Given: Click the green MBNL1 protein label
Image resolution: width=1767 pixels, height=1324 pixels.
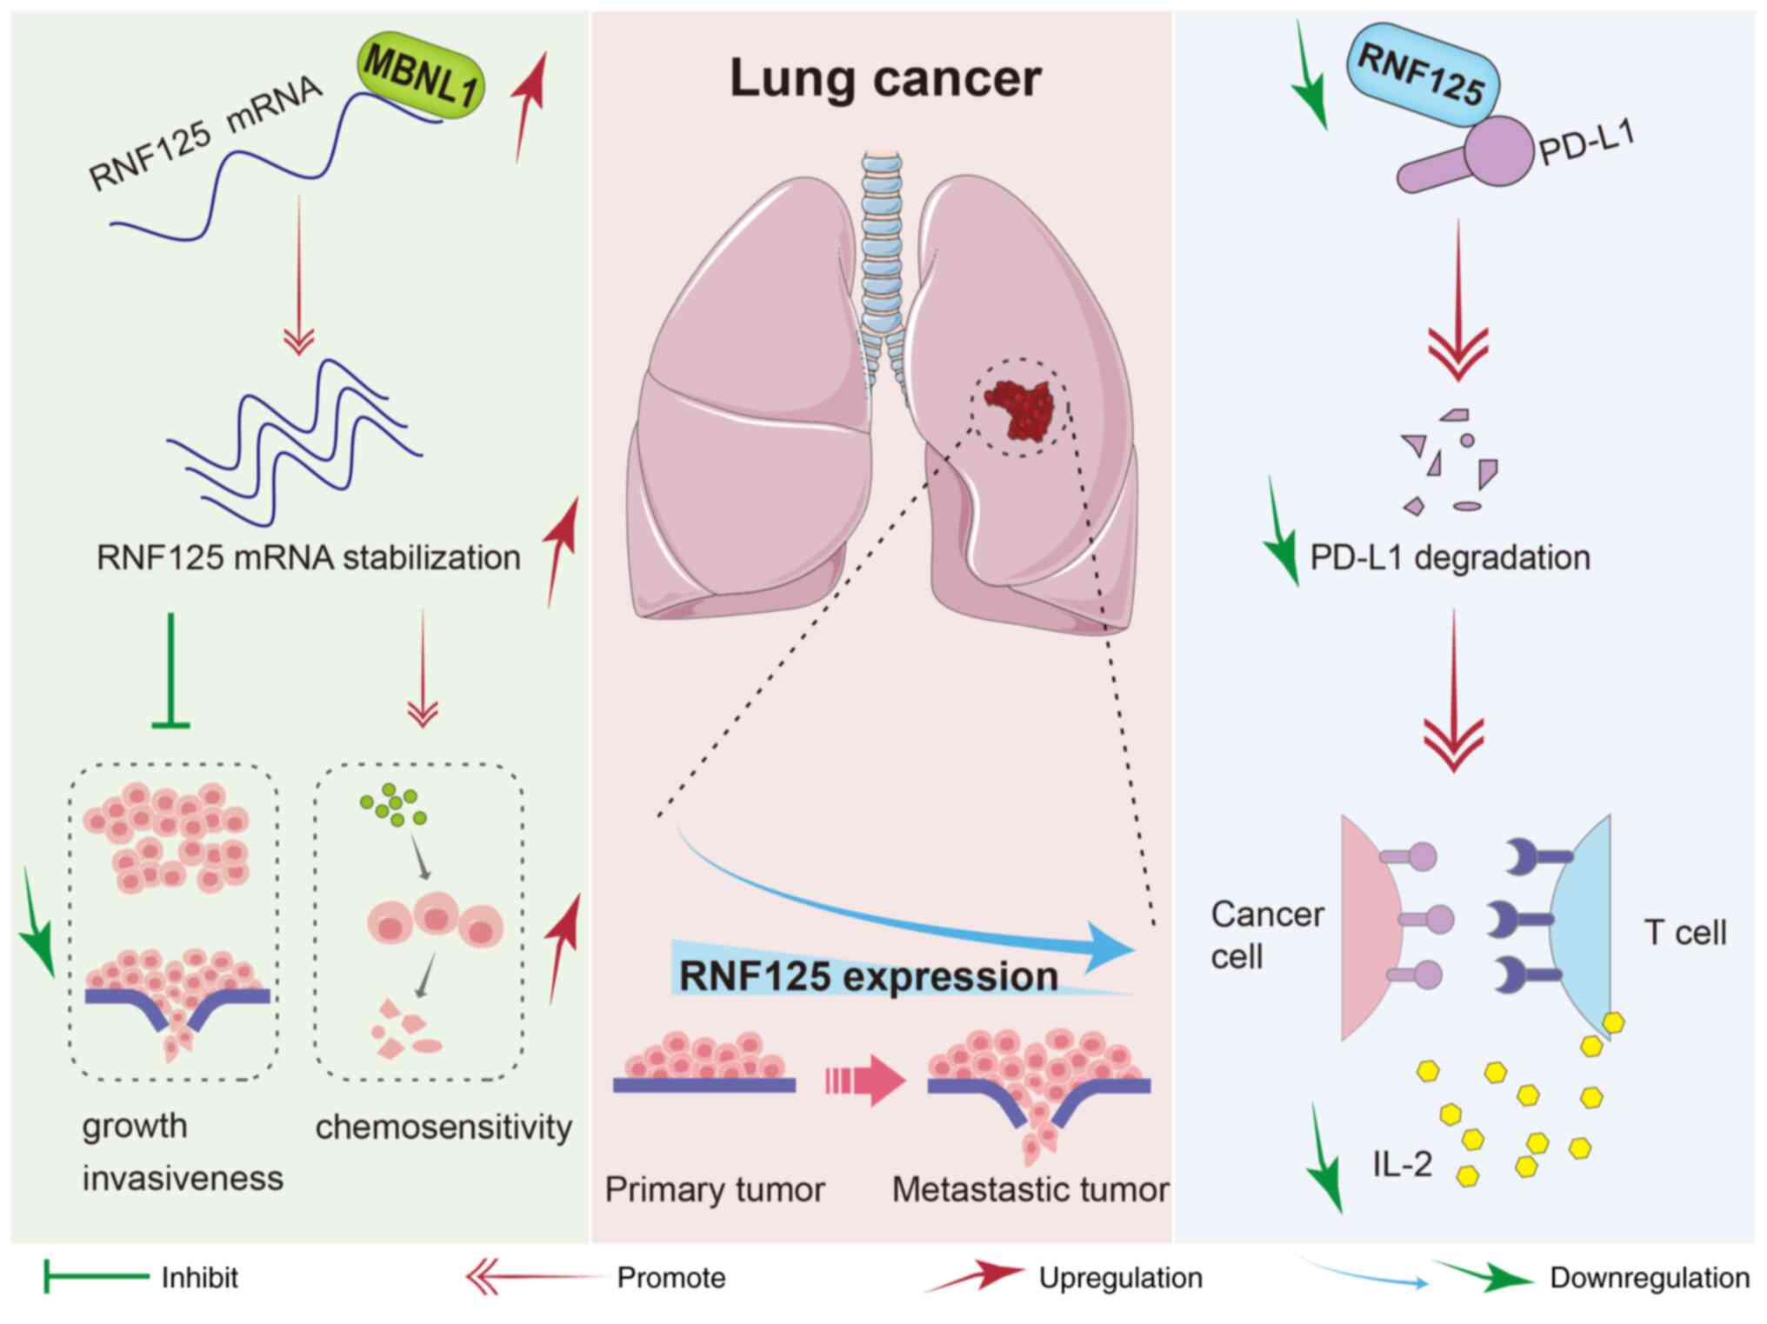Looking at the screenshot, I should point(421,77).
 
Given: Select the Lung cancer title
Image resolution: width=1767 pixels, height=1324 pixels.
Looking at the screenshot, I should point(884,78).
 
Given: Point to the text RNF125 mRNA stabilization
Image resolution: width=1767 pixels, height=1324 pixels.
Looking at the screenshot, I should point(309,557).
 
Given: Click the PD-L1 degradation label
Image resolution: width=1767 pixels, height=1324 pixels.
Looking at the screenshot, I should point(1450,557).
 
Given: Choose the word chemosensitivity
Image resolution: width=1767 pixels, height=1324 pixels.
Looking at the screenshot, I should point(443,1128).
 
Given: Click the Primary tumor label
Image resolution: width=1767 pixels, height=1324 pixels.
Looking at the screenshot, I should point(715,1189).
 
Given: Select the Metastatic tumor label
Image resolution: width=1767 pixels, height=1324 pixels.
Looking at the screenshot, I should point(1030,1189).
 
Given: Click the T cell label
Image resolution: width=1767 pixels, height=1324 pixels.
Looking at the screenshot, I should point(1684,933).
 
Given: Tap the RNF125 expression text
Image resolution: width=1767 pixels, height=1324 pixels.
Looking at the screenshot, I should point(868,975).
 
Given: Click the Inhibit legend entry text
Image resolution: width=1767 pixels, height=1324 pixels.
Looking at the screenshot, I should point(199,1278).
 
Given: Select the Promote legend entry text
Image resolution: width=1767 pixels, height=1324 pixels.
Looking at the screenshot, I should point(670,1278).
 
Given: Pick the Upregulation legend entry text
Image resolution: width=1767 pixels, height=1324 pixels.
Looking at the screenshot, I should point(1120,1278).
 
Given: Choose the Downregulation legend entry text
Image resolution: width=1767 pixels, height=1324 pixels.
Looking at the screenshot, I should point(1649,1278).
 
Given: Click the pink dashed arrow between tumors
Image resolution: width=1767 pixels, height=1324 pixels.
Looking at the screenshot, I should point(865,1081).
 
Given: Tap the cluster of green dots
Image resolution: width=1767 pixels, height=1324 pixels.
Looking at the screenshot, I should point(394,805).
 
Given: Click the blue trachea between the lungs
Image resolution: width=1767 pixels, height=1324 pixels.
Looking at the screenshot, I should point(883,252).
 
